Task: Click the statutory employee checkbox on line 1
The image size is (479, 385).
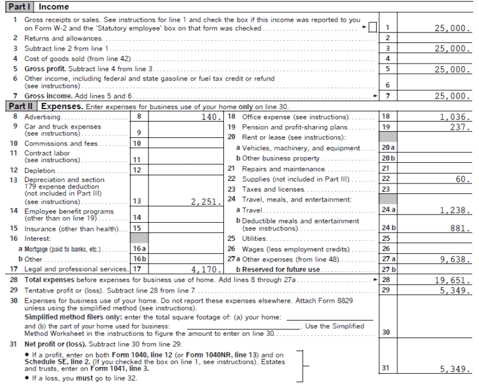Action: pyautogui.click(x=372, y=28)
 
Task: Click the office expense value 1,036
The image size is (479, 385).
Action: pyautogui.click(x=453, y=117)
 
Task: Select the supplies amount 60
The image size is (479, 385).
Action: pyautogui.click(x=462, y=179)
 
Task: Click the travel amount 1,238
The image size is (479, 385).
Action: pyautogui.click(x=453, y=211)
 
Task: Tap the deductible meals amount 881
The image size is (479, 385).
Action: pyautogui.click(x=460, y=228)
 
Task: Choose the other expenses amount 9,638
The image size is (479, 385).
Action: pyautogui.click(x=453, y=258)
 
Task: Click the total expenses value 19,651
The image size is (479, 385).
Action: pyautogui.click(x=452, y=280)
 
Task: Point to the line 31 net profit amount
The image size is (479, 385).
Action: pyautogui.click(x=453, y=369)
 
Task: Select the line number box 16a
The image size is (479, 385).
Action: pyautogui.click(x=139, y=249)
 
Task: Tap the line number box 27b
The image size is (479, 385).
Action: pyautogui.click(x=388, y=270)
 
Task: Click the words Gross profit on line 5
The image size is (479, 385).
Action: pyautogui.click(x=43, y=69)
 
